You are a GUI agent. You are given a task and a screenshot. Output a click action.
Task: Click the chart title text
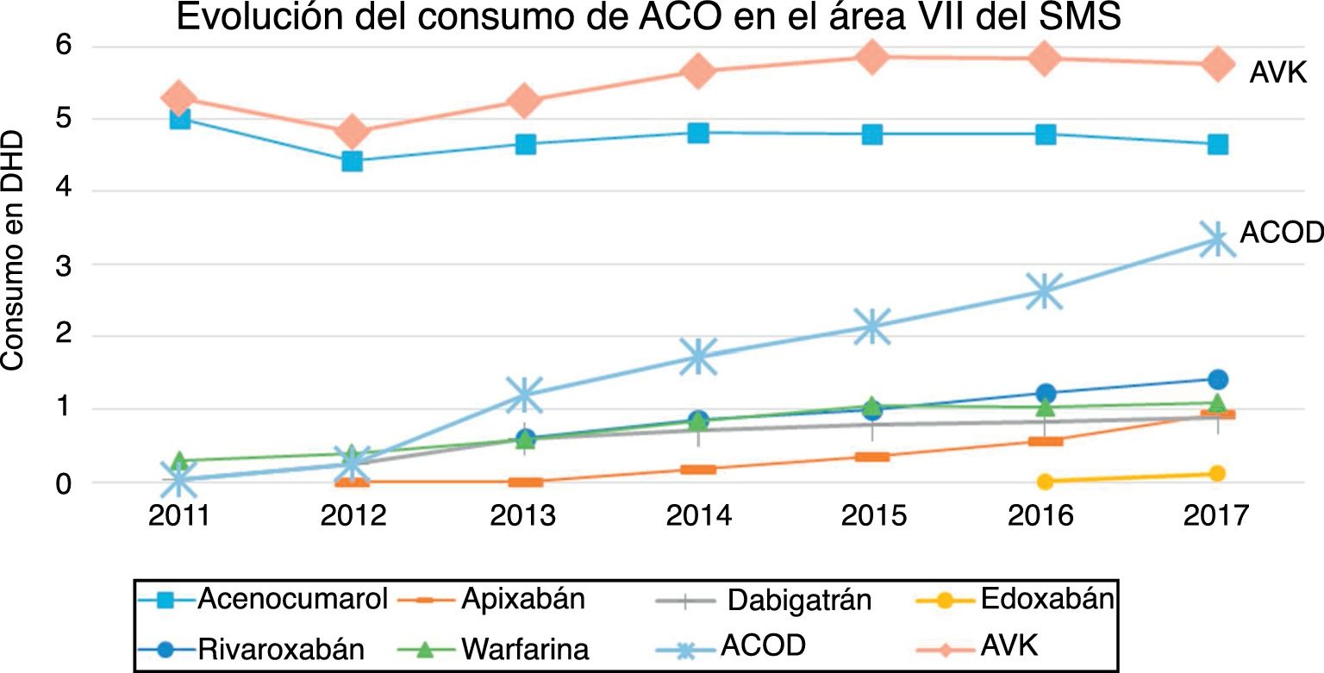coord(648,17)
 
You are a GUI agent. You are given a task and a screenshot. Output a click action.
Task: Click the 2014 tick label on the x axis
coord(699,516)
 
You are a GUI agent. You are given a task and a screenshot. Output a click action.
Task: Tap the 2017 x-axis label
coord(1216,516)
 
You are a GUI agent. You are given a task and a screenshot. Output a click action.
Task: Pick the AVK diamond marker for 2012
coord(352,132)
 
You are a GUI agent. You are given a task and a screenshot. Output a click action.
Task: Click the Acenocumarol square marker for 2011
coord(179,118)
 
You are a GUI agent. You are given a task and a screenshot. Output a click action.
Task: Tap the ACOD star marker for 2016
coord(1045,291)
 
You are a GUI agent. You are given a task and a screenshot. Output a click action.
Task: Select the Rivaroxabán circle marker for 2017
coord(1217,379)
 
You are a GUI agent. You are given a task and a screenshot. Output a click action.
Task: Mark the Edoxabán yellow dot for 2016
coord(1045,481)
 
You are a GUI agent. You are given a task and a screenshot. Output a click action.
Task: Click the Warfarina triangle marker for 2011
coord(179,460)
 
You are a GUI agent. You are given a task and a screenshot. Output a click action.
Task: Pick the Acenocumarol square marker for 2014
coord(698,133)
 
